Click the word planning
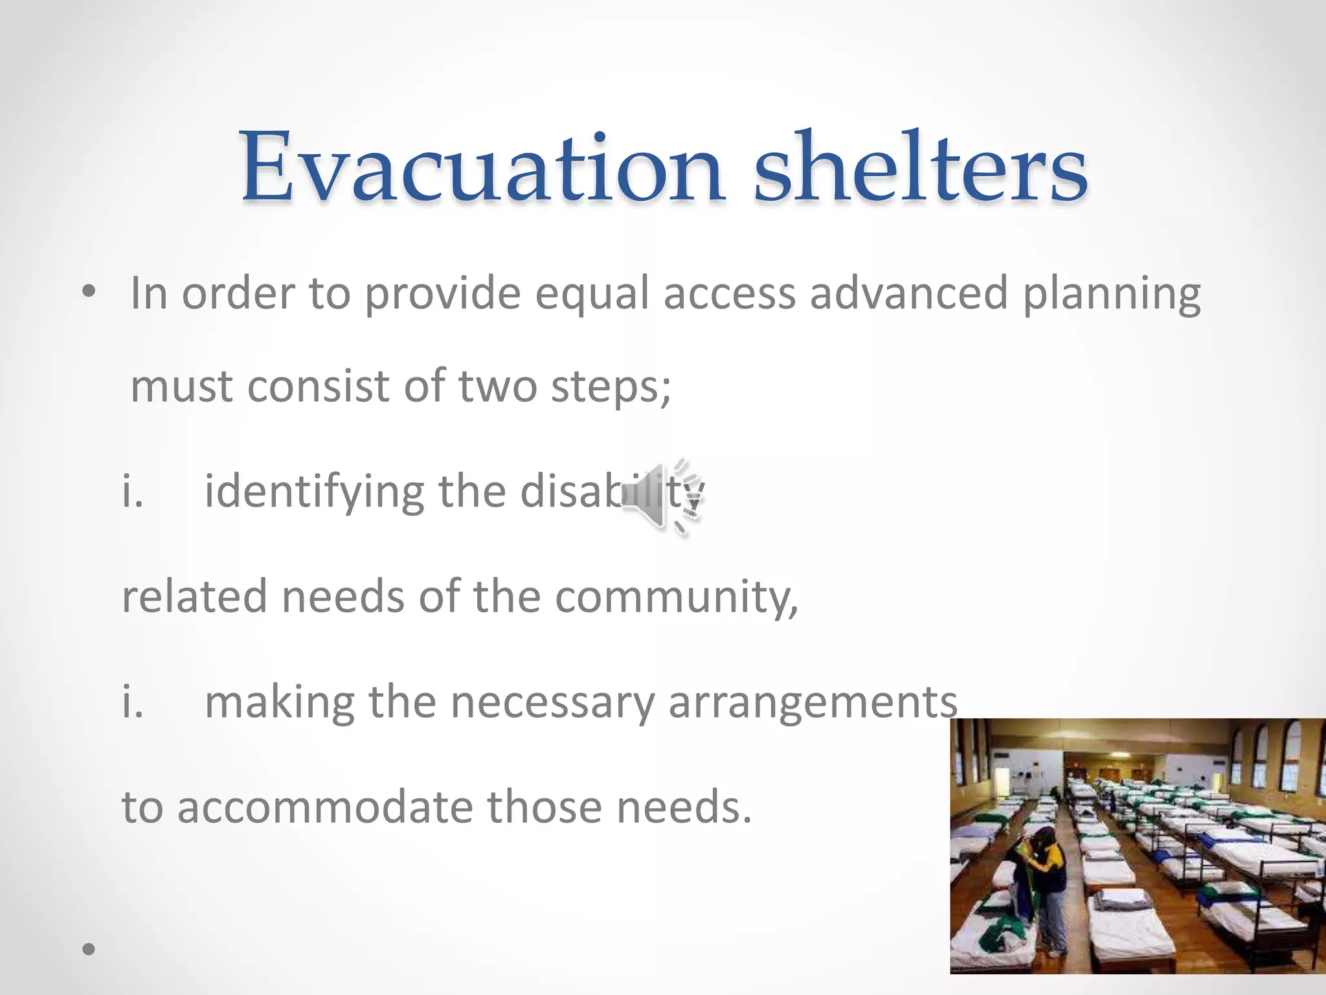pos(1111,295)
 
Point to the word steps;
pos(611,387)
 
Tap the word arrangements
pos(813,703)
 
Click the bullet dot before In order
pos(89,293)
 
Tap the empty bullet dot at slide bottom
pos(89,950)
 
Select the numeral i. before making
pos(133,703)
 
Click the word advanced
pos(908,295)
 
